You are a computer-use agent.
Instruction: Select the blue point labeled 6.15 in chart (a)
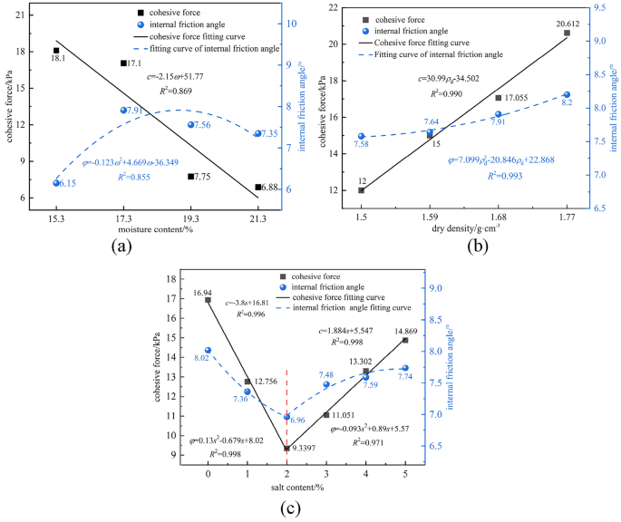click(x=57, y=183)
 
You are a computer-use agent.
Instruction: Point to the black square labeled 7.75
click(x=191, y=177)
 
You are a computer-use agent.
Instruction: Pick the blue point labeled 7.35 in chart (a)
click(x=258, y=133)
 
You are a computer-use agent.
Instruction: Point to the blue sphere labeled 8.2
click(x=567, y=95)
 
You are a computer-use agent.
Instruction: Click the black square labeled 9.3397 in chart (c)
click(x=287, y=448)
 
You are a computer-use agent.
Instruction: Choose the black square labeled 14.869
click(x=405, y=340)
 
